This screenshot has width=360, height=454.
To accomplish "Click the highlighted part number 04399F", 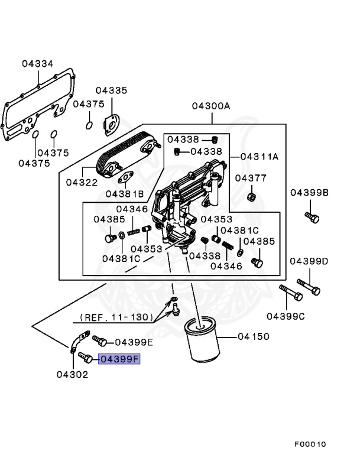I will point(119,358).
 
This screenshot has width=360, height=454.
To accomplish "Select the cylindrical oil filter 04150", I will point(202,342).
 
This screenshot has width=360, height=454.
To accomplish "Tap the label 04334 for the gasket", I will point(38,63).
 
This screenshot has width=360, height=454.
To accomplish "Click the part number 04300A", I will point(210,106).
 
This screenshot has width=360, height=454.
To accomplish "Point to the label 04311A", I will point(260,157).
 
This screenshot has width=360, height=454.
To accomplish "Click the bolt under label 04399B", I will point(312,217).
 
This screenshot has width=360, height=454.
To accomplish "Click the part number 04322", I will point(82,182).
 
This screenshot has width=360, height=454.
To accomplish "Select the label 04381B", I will point(125,193).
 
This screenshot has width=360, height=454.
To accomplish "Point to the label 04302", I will point(72,374).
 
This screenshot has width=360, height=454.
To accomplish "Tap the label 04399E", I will point(134,342).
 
